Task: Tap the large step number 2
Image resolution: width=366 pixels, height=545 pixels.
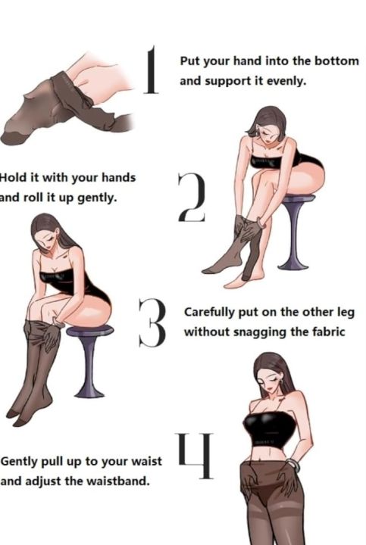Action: click(192, 197)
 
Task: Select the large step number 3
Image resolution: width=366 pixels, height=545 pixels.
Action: click(152, 322)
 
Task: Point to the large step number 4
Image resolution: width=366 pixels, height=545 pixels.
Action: click(196, 456)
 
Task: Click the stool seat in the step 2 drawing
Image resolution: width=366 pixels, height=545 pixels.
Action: click(298, 199)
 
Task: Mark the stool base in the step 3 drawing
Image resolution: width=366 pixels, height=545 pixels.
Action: click(89, 393)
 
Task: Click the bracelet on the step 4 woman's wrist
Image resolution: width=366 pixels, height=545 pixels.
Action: click(293, 465)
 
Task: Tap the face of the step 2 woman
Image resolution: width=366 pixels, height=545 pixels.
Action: click(266, 131)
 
